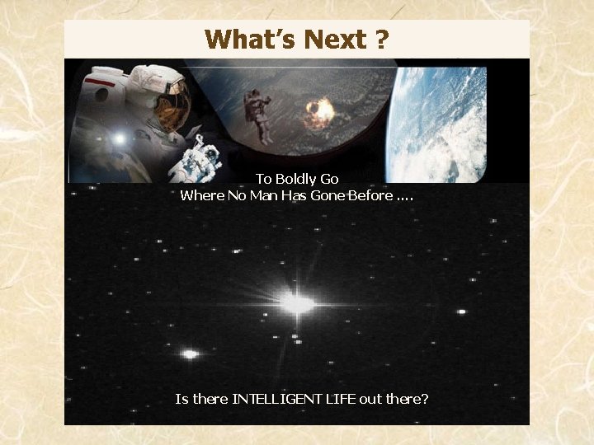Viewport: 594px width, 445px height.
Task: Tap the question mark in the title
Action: [x=382, y=39]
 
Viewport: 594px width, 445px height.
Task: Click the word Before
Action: [x=370, y=195]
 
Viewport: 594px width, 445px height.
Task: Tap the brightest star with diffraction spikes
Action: [x=296, y=303]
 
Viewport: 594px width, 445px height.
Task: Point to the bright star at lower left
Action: [x=191, y=354]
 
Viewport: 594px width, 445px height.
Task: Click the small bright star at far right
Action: [x=461, y=311]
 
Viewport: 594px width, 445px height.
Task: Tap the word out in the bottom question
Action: [x=370, y=400]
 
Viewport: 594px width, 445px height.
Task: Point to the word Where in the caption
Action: [x=199, y=195]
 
